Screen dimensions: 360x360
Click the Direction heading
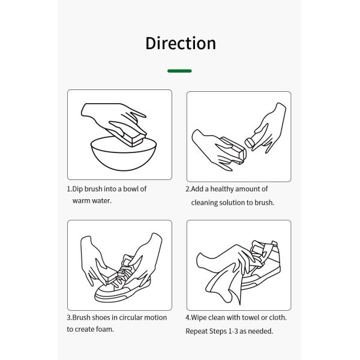pyautogui.click(x=181, y=43)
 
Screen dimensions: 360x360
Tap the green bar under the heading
pyautogui.click(x=179, y=71)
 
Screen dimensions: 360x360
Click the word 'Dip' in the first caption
pyautogui.click(x=77, y=189)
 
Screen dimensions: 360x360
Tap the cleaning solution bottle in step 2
pyautogui.click(x=250, y=143)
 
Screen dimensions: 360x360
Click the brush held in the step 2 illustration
pyautogui.click(x=233, y=149)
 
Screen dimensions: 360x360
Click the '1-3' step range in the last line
pyautogui.click(x=233, y=331)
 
